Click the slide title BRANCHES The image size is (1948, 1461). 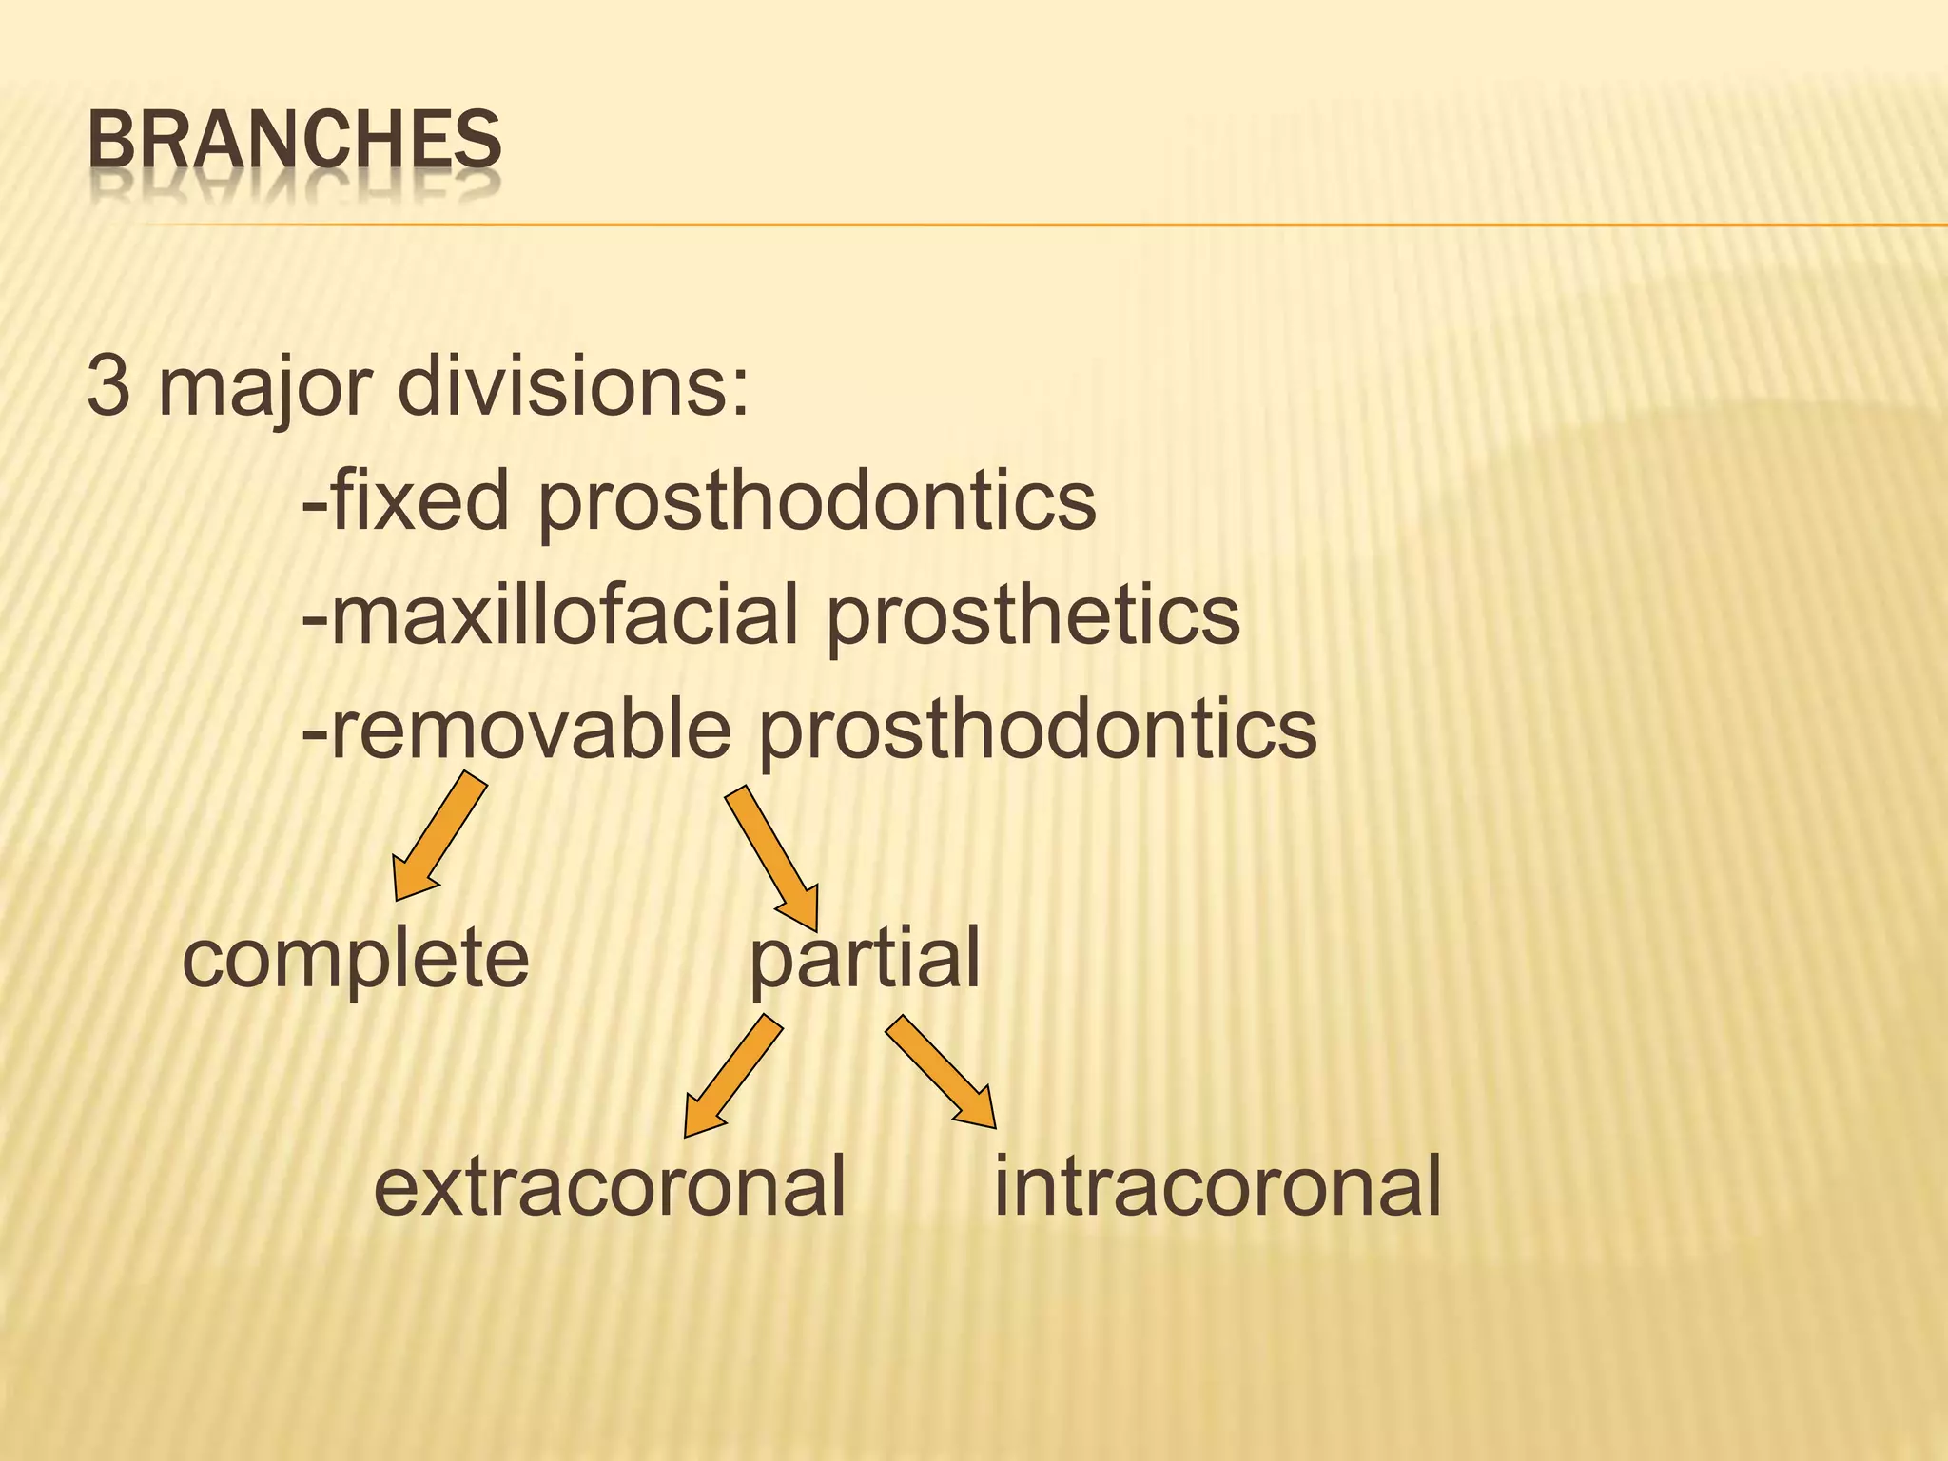tap(294, 140)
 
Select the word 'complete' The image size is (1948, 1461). tap(355, 960)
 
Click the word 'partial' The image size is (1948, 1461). tap(865, 960)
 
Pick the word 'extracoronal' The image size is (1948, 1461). tap(610, 1186)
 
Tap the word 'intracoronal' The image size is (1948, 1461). tap(1217, 1186)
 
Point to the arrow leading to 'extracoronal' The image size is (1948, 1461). tap(731, 1075)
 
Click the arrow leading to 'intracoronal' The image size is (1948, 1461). tap(943, 1072)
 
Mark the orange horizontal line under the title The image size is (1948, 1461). tap(1046, 225)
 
